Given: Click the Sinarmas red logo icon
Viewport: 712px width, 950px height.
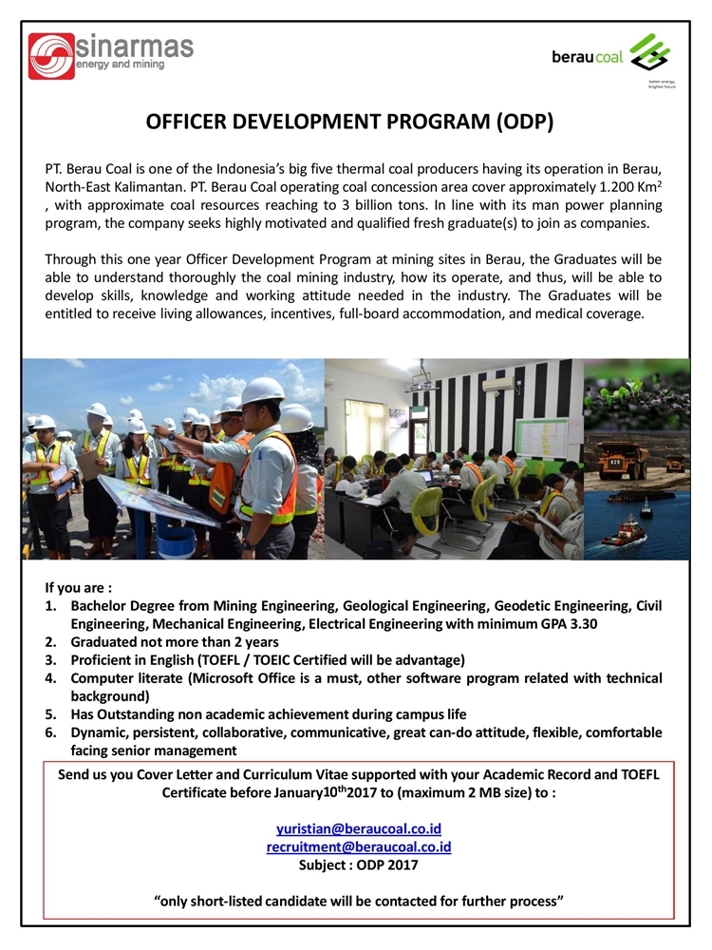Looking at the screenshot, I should (50, 56).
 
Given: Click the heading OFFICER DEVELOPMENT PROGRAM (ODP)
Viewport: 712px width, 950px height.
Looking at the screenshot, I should (349, 123).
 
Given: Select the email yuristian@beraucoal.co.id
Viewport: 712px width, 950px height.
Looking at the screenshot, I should (359, 828).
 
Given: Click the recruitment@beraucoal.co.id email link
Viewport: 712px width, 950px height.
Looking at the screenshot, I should (359, 846).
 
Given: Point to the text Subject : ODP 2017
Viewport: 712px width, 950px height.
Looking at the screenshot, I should (358, 864).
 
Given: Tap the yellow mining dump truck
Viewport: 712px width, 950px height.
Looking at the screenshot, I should (623, 459).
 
